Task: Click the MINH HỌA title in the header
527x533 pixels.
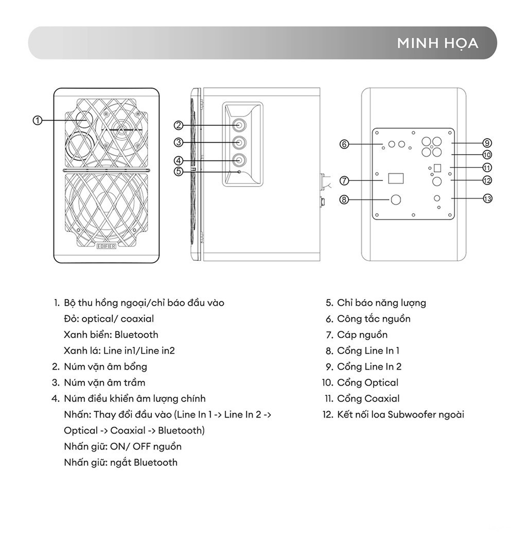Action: tap(437, 43)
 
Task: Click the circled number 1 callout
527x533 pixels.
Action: tap(38, 120)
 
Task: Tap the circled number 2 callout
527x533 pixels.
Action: tap(179, 125)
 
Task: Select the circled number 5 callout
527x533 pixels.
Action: tap(179, 171)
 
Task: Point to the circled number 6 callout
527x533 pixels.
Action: tap(344, 144)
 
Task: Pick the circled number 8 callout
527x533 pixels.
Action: tap(344, 199)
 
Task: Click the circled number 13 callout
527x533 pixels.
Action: tap(487, 198)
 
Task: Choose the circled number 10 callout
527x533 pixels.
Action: tap(487, 155)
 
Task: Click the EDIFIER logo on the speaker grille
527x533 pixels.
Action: tap(106, 246)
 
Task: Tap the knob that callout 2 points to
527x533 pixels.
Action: tap(239, 125)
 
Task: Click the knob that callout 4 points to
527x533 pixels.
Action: tap(239, 160)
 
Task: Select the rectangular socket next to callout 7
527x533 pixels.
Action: tap(396, 178)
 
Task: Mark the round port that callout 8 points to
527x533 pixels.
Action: tap(396, 199)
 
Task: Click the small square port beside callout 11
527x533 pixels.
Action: tap(437, 168)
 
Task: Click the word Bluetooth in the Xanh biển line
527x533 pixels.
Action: tap(136, 335)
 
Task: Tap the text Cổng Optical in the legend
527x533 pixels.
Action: tap(368, 383)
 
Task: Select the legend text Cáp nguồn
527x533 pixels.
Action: tap(362, 335)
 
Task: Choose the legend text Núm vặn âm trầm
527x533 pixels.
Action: tap(104, 383)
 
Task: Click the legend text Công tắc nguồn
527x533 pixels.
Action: tap(374, 319)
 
